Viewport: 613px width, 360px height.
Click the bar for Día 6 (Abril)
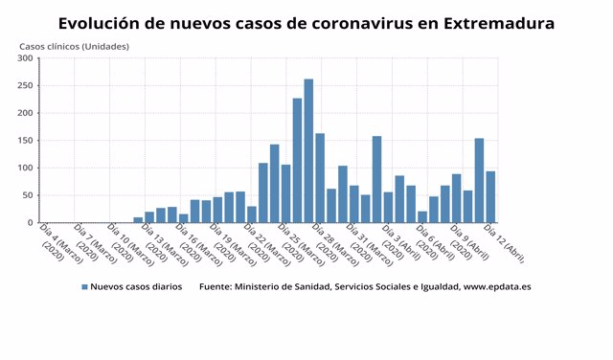(422, 217)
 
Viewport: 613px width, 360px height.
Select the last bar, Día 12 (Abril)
(490, 197)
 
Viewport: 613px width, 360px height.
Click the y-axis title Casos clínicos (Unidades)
(75, 46)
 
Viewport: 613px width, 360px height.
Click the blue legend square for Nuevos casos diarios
(84, 286)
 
